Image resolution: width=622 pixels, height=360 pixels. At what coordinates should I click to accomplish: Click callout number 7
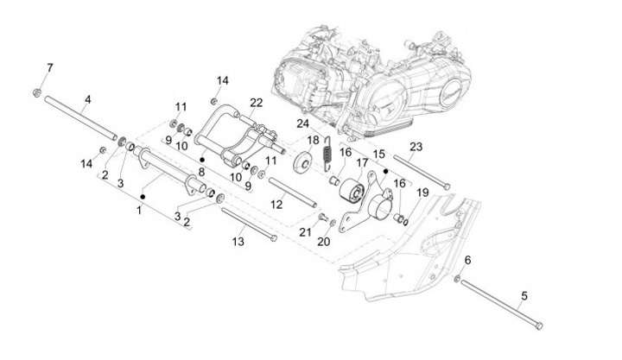(49, 67)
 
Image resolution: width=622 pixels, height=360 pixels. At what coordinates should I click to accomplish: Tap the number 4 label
(86, 99)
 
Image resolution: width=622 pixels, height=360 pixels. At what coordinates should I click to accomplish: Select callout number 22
(257, 101)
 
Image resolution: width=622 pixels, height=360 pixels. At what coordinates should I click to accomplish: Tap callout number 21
(304, 231)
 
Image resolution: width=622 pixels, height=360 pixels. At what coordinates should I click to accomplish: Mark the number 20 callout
(325, 242)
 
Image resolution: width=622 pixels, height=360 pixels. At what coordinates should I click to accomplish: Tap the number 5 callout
(523, 297)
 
